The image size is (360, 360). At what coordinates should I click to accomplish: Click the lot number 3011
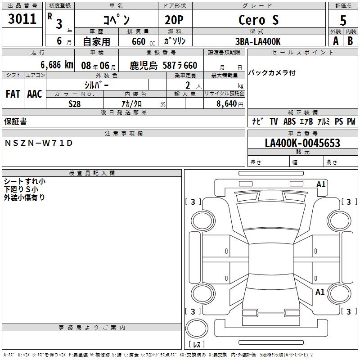22,18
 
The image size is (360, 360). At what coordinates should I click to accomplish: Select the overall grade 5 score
343,20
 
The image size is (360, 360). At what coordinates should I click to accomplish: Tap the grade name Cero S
258,20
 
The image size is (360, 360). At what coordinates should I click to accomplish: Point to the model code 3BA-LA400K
258,41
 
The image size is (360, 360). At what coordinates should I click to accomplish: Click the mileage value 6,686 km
57,65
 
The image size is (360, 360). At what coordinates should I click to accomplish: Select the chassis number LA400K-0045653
302,143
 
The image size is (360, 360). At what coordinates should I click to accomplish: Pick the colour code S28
74,104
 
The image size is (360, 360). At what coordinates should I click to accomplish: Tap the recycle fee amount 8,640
226,104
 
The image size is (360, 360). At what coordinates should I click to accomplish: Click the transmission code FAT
13,94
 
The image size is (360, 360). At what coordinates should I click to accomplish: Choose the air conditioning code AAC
35,94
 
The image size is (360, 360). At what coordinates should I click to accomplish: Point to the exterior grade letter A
336,41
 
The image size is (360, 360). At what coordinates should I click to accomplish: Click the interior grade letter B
350,41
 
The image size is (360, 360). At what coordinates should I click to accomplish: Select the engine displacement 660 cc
143,41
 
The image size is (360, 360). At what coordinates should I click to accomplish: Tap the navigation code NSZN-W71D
39,143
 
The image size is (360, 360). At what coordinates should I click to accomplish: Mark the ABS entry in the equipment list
289,121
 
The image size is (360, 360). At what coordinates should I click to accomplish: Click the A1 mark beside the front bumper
321,184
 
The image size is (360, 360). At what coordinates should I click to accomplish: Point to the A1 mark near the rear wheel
320,292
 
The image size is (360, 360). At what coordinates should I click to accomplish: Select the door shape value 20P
174,20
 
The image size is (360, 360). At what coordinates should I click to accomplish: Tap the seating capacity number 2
188,85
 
